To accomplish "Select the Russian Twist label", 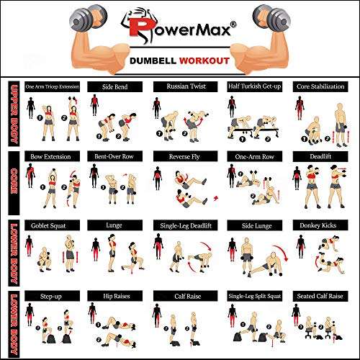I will [x=179, y=86].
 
